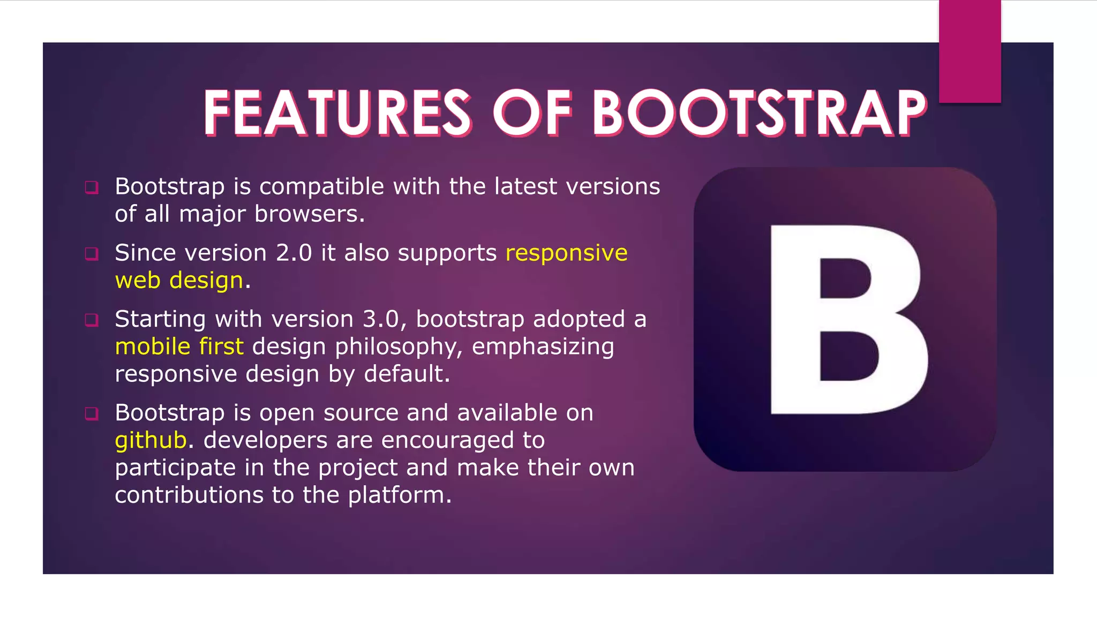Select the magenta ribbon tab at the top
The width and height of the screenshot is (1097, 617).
[x=970, y=51]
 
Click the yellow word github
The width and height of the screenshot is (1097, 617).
[x=151, y=441]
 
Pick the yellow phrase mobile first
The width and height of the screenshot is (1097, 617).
[x=179, y=347]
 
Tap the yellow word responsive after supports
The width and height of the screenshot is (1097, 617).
[x=566, y=253]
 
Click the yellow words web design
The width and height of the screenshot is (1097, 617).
[x=179, y=281]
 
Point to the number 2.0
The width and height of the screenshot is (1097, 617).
[x=294, y=253]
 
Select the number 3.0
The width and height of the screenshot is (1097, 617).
[x=381, y=319]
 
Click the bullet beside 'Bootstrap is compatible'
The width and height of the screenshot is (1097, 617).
[x=92, y=187]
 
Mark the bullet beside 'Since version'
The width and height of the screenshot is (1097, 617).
[x=92, y=254]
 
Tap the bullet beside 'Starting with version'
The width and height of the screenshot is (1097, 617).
[x=92, y=320]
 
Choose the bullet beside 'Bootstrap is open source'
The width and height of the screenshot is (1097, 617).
[x=92, y=413]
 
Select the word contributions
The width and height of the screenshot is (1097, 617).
[x=189, y=495]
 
